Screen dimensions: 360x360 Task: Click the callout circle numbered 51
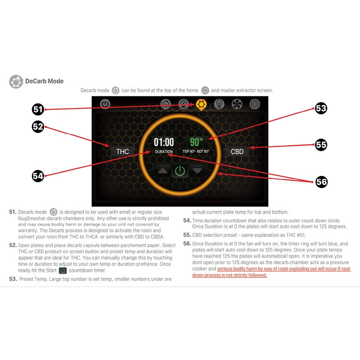38,109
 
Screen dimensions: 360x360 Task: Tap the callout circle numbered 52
38,127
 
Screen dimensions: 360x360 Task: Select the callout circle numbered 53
321,108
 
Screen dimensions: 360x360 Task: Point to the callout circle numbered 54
38,176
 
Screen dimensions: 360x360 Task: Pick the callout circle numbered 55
321,144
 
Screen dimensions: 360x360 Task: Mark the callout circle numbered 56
321,182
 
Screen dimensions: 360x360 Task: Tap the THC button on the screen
122,152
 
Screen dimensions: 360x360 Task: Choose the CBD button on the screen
237,152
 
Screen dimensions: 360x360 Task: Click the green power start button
180,171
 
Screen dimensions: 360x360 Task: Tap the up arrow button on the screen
162,171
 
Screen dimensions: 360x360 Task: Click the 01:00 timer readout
164,142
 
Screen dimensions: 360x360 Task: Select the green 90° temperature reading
196,142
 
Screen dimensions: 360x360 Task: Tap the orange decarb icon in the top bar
201,105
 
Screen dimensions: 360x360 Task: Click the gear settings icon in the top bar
255,104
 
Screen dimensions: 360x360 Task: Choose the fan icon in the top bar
237,104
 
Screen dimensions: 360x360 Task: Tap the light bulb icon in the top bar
219,104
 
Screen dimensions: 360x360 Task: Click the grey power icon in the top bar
105,104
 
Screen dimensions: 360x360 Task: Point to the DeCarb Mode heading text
44,81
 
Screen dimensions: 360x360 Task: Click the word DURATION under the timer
164,152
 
